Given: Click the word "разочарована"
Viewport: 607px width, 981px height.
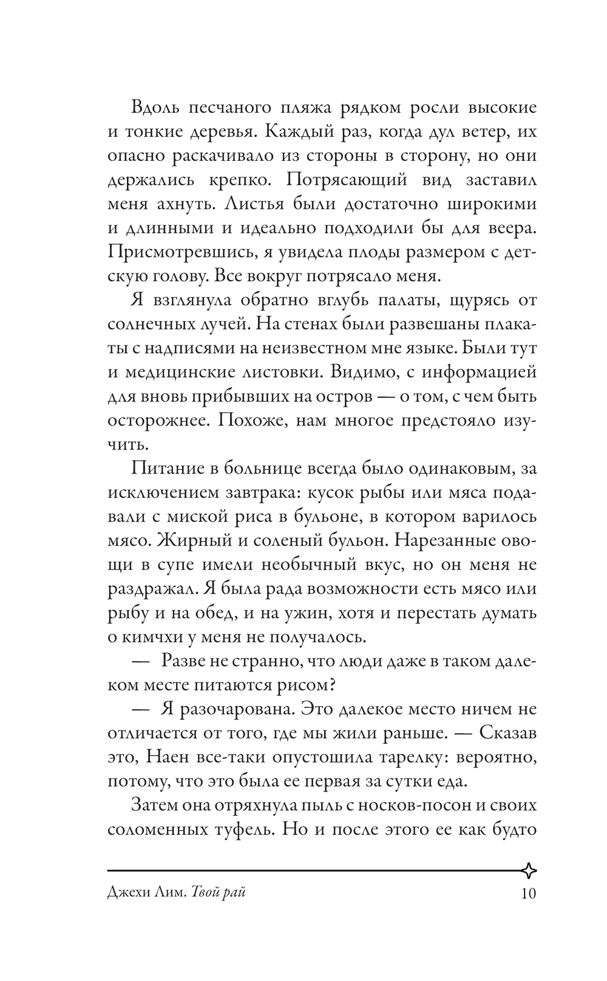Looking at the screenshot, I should coord(234,709).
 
